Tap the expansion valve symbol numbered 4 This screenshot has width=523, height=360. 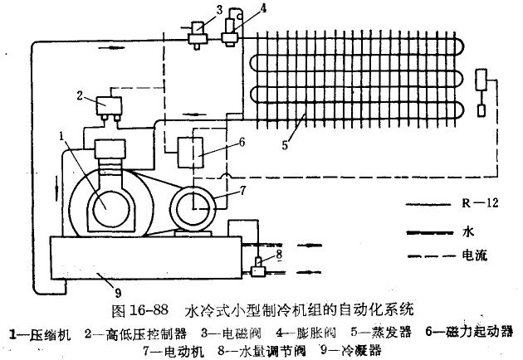(229, 32)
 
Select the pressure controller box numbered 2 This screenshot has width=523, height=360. (107, 106)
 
